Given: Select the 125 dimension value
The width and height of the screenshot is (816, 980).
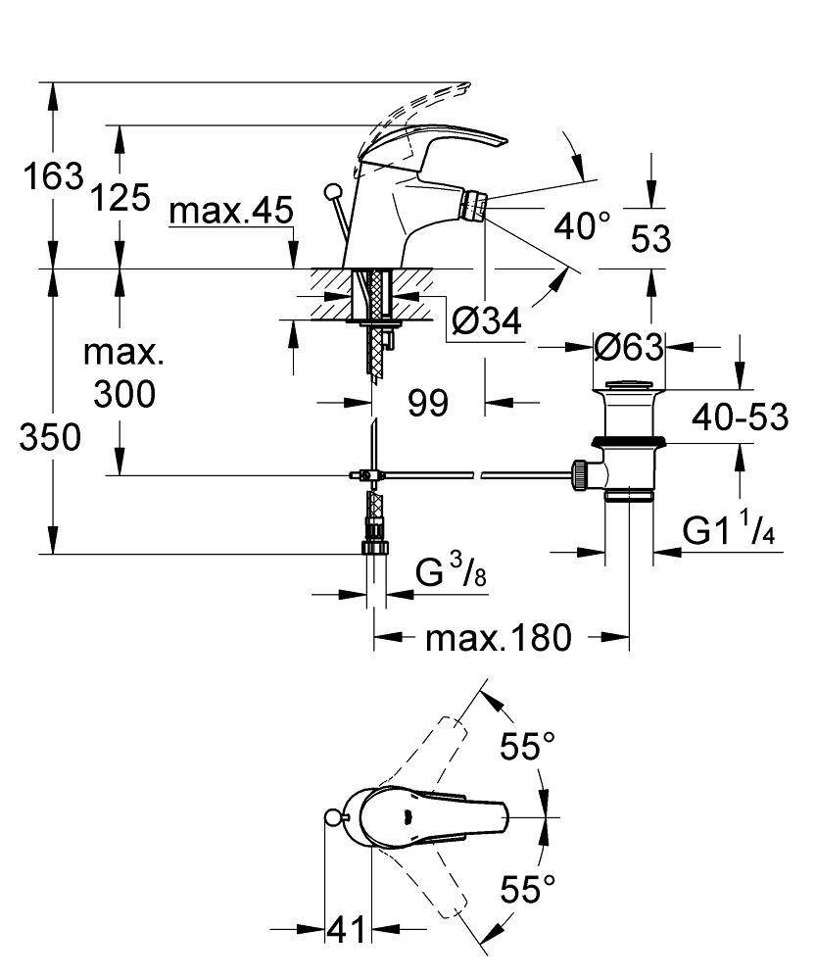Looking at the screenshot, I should (x=120, y=198).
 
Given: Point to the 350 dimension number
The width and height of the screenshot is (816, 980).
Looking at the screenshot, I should (x=50, y=438).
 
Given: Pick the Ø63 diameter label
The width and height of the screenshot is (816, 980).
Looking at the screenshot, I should (x=629, y=346).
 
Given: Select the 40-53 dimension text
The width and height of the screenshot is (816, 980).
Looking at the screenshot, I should (x=741, y=417).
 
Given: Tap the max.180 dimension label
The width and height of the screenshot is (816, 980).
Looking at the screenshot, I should (x=498, y=638).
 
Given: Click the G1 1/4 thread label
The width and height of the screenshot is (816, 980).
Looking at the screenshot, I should (x=730, y=531).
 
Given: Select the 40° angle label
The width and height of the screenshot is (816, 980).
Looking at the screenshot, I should (x=581, y=227).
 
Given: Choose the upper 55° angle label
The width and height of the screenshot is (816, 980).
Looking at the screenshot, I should (x=520, y=748).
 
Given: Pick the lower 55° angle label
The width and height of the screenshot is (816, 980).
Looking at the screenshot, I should (x=520, y=891).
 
